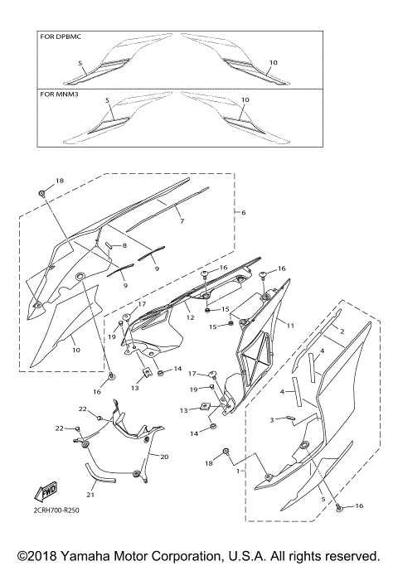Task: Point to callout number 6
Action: tap(243, 213)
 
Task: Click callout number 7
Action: tap(181, 222)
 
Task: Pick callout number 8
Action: tap(124, 246)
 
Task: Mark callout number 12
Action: tap(190, 317)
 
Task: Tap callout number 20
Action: tap(163, 457)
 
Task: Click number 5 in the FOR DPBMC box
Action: tap(80, 63)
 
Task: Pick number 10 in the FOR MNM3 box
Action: tap(245, 100)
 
